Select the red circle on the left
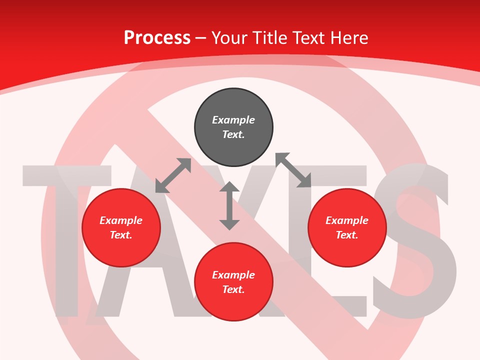coord(121,227)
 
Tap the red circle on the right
coord(347,227)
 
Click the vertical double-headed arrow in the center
coord(229,205)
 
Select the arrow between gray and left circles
coord(173,175)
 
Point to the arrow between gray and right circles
coord(293,170)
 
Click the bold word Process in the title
coord(157,37)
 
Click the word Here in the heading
coord(349,37)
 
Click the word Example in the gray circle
coord(233,120)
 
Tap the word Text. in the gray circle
coord(233,134)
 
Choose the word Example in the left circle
coord(121,220)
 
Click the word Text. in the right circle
coord(347,235)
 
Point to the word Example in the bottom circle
coord(233,275)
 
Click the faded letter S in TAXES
coord(415,240)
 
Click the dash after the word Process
coord(200,38)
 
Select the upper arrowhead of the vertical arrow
coord(229,187)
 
